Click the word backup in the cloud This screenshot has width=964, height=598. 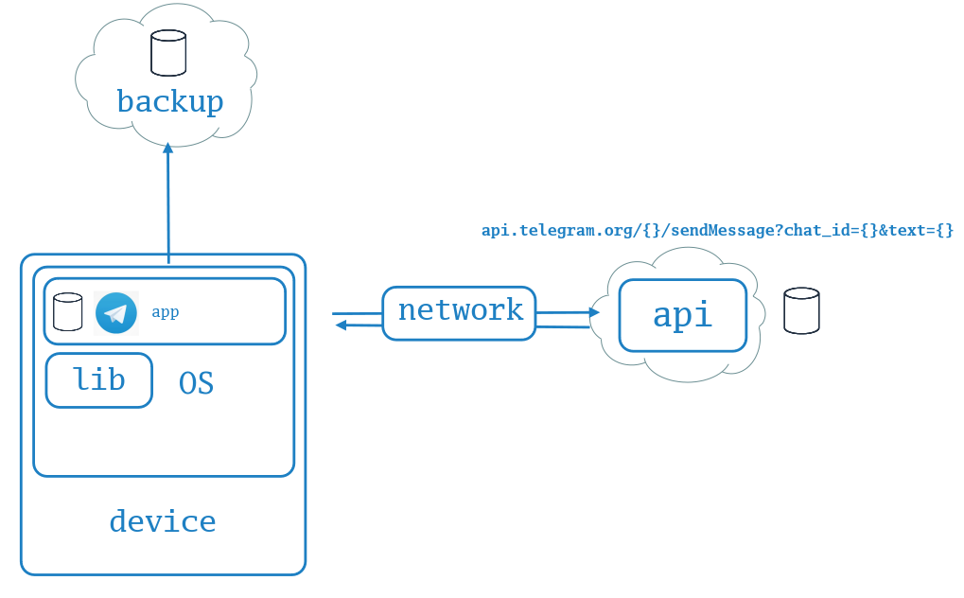tap(169, 101)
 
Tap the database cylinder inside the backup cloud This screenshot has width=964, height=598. tap(168, 53)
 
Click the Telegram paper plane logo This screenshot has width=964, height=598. tap(116, 313)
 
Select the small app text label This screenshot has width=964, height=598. tap(166, 312)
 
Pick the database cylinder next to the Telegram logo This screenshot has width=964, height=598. tap(67, 312)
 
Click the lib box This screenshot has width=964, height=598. tap(99, 380)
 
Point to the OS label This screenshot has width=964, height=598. tap(196, 383)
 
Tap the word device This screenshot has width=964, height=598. tap(163, 521)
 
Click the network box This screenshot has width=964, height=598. tap(459, 313)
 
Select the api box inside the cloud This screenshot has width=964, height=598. tap(683, 316)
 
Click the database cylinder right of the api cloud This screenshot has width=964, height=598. tap(801, 310)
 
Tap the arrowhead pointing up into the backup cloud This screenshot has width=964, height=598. tap(167, 149)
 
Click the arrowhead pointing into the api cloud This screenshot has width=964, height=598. tap(594, 312)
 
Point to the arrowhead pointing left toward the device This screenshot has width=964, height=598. tap(342, 325)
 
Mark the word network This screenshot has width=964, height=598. tap(461, 310)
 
